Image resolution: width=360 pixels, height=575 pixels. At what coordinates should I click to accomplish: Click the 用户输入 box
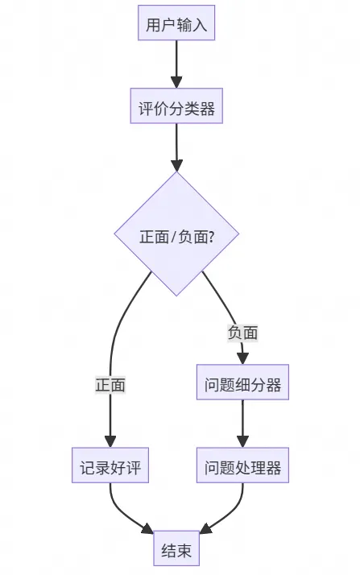[x=176, y=25]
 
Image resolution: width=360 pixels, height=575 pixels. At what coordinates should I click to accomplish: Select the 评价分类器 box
[x=176, y=109]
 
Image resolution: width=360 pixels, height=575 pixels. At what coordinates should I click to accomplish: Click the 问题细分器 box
[x=242, y=385]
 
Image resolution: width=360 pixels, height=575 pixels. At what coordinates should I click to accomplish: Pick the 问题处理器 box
[x=242, y=468]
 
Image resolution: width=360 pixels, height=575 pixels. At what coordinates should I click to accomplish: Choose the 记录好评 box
[x=110, y=468]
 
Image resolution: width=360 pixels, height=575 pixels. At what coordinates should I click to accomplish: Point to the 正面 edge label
[x=110, y=385]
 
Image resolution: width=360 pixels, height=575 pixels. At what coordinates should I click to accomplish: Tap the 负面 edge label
[x=242, y=332]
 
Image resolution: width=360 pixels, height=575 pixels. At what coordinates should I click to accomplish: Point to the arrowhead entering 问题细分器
[x=242, y=359]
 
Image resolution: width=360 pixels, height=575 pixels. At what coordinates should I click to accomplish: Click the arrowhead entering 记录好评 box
[x=110, y=442]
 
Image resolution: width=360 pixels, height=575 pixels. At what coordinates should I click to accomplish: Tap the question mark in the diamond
[x=211, y=237]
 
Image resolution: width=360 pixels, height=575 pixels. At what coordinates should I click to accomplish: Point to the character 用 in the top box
[x=153, y=25]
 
